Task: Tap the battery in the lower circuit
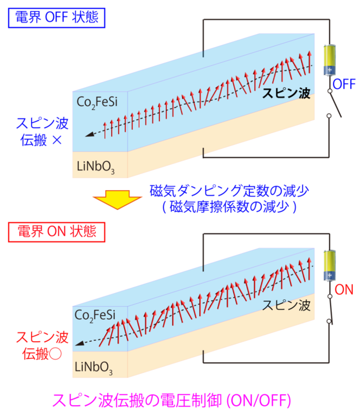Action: pos(329,265)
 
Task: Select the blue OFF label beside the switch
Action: pos(344,84)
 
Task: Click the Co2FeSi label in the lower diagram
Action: pos(95,315)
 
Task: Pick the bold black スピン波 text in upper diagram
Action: pos(286,93)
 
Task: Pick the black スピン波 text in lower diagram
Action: pos(286,304)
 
